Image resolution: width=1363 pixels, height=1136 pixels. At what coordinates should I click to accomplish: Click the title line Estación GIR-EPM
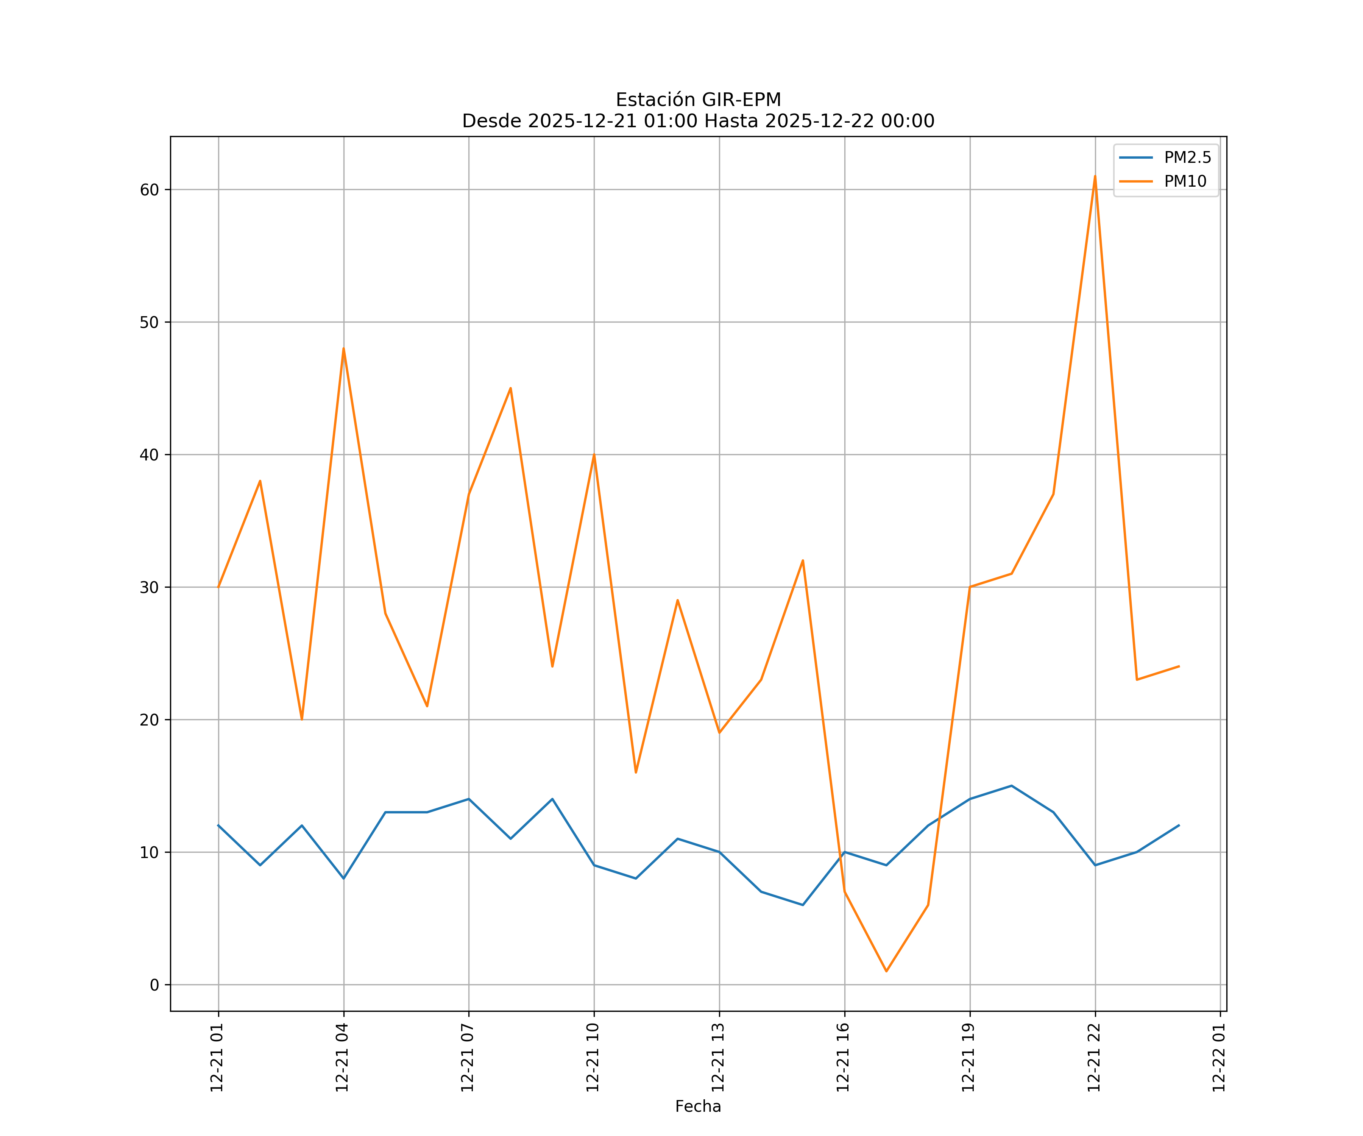click(698, 100)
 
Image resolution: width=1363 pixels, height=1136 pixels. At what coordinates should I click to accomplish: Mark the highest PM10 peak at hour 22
click(1095, 176)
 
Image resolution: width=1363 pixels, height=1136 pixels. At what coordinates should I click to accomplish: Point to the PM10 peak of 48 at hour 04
click(343, 349)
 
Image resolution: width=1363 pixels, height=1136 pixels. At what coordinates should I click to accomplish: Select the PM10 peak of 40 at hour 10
click(594, 454)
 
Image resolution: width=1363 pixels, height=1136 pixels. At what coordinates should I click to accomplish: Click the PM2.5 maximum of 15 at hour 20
click(1011, 785)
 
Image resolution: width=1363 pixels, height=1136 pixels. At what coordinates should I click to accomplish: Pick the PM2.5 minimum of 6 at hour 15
click(803, 905)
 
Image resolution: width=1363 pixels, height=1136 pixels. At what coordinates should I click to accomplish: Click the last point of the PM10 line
click(1179, 666)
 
